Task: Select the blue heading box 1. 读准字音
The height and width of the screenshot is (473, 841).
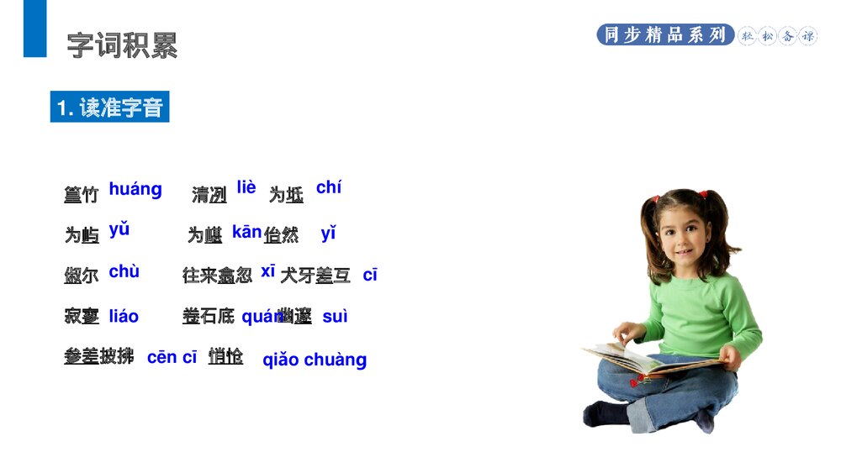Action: coord(109,108)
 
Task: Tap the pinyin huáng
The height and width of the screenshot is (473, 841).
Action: coord(135,190)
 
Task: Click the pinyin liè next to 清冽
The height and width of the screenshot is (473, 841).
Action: coord(246,187)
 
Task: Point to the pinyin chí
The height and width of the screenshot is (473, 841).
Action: coord(329,188)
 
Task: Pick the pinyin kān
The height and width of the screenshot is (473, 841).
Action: coord(246,233)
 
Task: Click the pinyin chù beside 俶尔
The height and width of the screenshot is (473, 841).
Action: coord(124,272)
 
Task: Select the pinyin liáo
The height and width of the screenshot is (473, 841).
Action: coord(124,317)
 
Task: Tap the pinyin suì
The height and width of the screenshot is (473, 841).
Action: coord(335,317)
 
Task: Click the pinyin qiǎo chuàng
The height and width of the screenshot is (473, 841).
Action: coord(315,360)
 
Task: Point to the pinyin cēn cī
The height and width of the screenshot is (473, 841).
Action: coord(172,358)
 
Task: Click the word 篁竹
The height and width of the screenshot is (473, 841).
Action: coord(82,195)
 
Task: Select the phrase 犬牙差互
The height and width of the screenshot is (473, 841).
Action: coord(315,275)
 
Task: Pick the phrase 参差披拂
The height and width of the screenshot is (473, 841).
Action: coord(98,356)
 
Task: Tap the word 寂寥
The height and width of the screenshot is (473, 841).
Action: coord(82,317)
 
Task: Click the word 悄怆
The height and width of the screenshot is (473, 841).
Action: coord(226,356)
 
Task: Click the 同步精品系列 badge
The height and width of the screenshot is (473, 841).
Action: coord(665,35)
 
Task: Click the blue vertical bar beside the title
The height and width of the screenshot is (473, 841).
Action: coord(34,29)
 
